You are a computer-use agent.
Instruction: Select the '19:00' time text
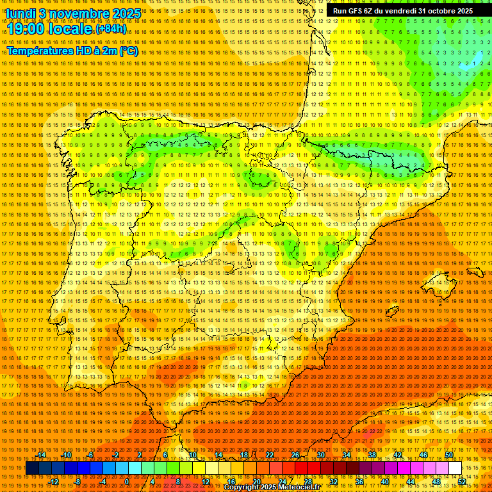(28, 29)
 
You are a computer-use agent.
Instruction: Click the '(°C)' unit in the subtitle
(128, 51)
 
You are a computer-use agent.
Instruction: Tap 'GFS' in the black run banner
(353, 11)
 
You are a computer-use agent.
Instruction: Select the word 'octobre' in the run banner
(436, 11)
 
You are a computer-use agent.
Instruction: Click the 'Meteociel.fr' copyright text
(303, 488)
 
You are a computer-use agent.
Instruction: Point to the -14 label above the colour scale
(41, 455)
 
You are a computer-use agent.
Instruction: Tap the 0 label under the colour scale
(127, 481)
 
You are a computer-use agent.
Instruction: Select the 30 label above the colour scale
(320, 455)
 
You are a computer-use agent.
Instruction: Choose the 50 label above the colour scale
(448, 455)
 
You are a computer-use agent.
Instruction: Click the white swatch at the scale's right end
(455, 468)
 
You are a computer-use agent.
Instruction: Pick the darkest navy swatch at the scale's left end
(32, 468)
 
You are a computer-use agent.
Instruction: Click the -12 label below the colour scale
(54, 481)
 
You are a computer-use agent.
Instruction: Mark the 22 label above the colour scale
(269, 455)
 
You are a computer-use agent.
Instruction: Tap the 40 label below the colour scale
(384, 481)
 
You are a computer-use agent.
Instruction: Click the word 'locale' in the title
(71, 29)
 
